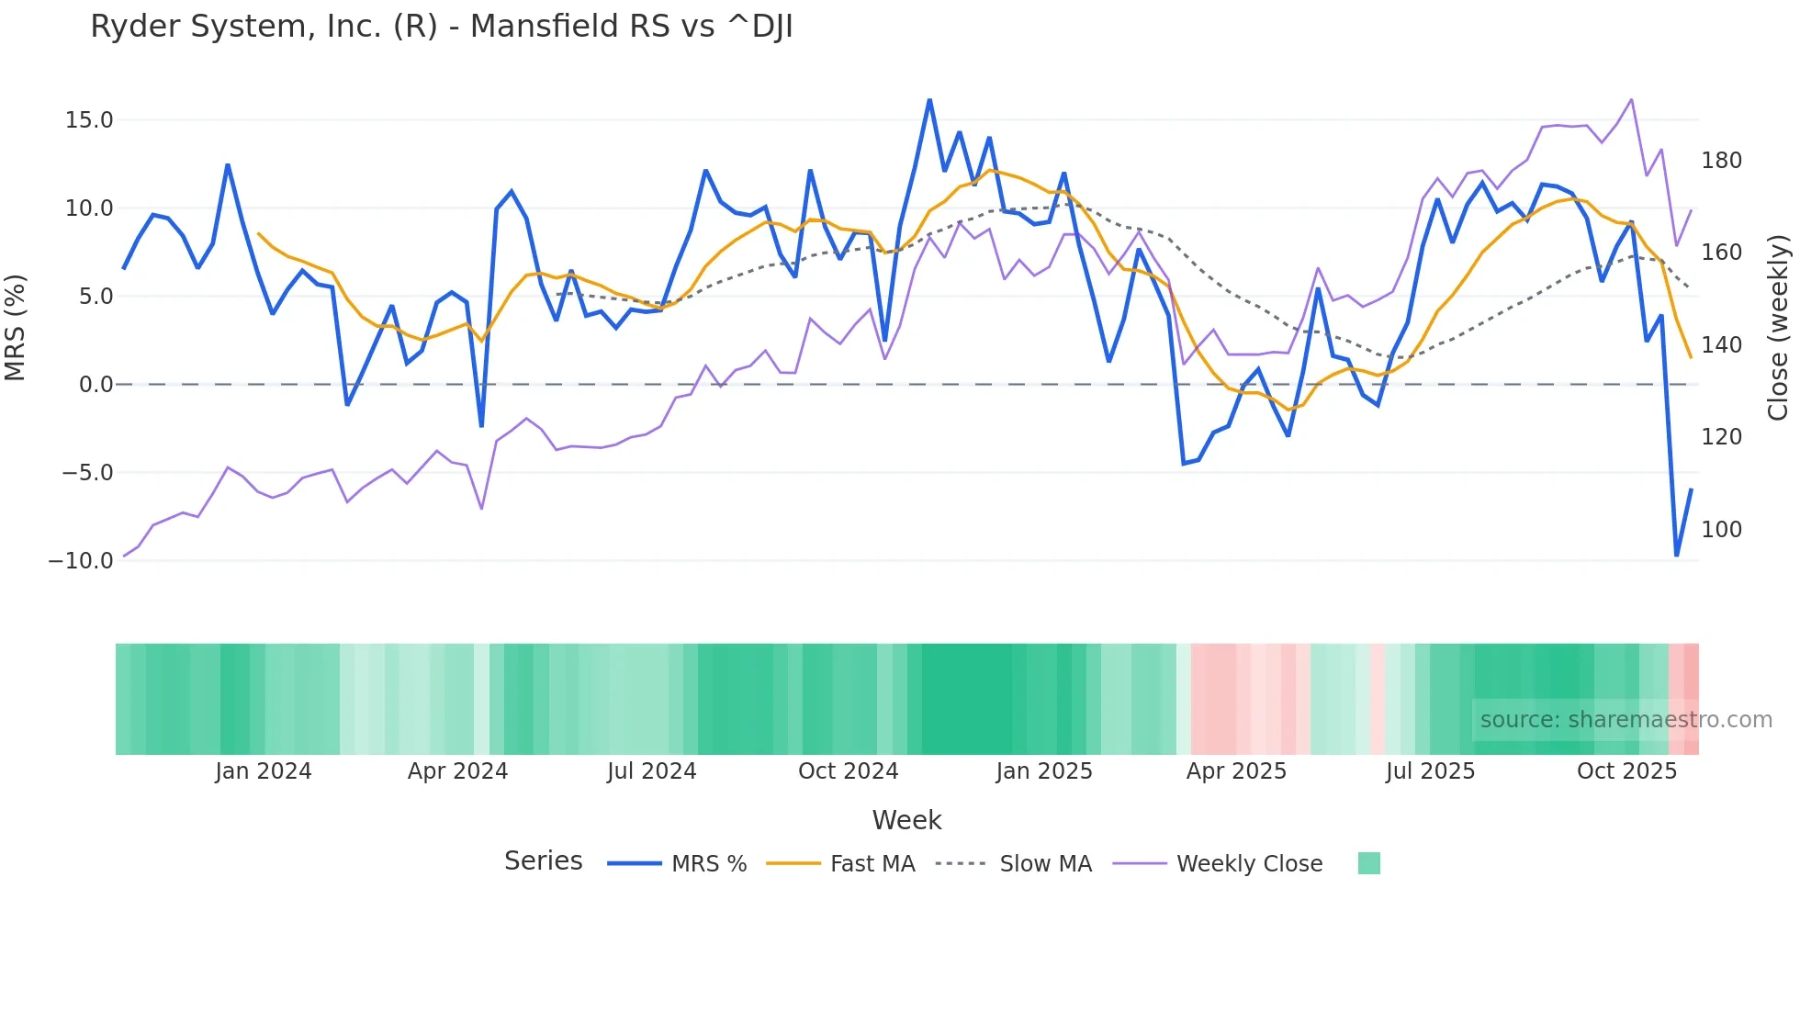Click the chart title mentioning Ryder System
pyautogui.click(x=441, y=27)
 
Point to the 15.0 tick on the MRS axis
pyautogui.click(x=89, y=120)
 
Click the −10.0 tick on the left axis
pyautogui.click(x=81, y=561)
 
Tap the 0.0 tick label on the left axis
pyautogui.click(x=96, y=385)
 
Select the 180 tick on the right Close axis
pyautogui.click(x=1721, y=161)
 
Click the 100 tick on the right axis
pyautogui.click(x=1721, y=530)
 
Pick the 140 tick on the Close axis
pyautogui.click(x=1721, y=345)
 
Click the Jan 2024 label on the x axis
pyautogui.click(x=264, y=771)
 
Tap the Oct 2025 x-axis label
pyautogui.click(x=1626, y=771)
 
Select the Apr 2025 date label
pyautogui.click(x=1236, y=771)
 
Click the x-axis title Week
pyautogui.click(x=906, y=820)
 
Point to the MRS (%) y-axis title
pyautogui.click(x=16, y=327)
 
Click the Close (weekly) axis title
pyautogui.click(x=1779, y=327)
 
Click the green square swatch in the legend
pyautogui.click(x=1368, y=863)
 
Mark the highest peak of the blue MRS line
pyautogui.click(x=929, y=100)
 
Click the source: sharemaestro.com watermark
pyautogui.click(x=1626, y=720)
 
